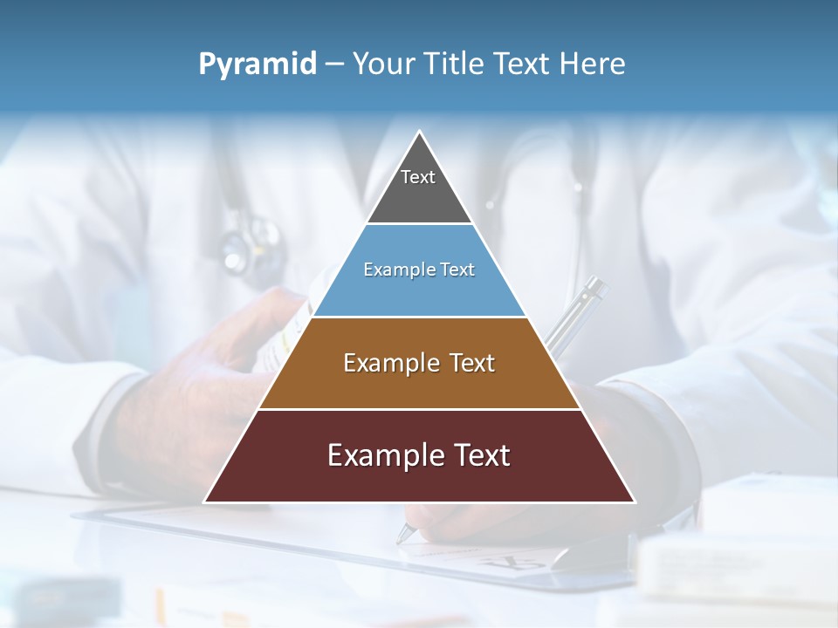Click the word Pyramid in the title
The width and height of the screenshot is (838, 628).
point(257,64)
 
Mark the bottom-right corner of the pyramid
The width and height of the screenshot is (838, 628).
point(634,502)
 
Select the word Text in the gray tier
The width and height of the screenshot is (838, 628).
point(418,177)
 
